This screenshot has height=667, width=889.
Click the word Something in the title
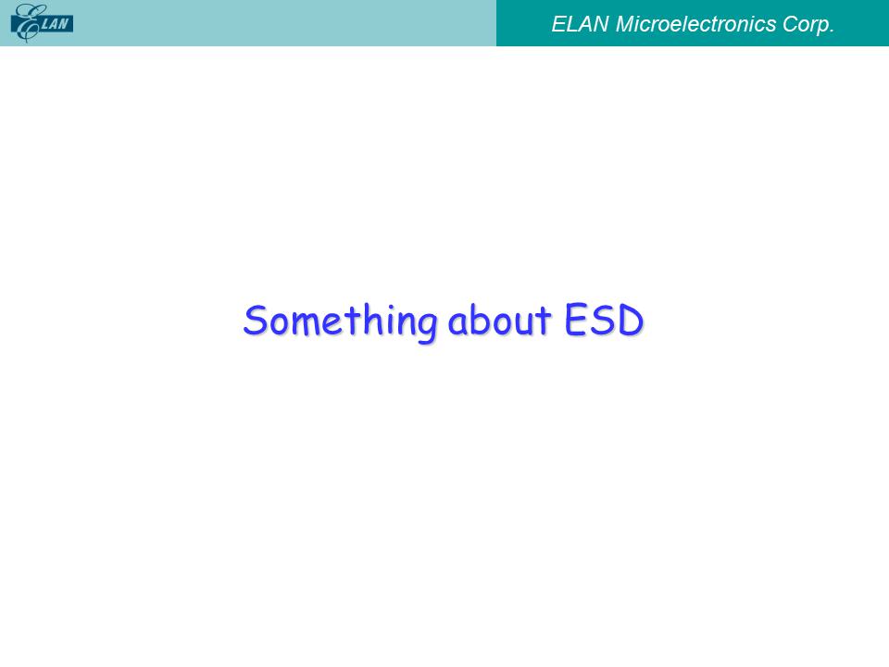(340, 322)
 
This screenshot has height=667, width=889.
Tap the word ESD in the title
(604, 320)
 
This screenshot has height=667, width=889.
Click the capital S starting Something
(255, 320)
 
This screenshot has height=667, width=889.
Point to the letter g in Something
(427, 327)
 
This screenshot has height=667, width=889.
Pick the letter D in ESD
(631, 320)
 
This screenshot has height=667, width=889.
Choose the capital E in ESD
(575, 320)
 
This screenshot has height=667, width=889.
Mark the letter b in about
(478, 320)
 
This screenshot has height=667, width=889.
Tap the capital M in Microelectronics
(626, 24)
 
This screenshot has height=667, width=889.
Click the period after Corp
(832, 31)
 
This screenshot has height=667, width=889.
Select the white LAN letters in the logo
(56, 24)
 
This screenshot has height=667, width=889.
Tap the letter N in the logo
(65, 24)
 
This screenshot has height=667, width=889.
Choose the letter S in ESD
(602, 320)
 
